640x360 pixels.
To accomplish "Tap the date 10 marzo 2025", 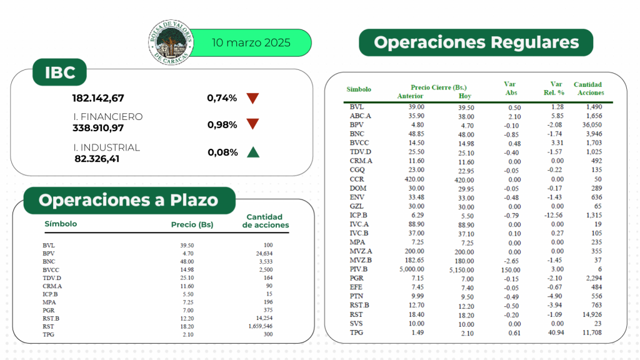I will (251, 43).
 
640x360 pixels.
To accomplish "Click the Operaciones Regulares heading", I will (476, 42).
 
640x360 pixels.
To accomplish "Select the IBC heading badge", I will (60, 73).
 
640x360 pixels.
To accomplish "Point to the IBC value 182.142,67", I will (98, 98).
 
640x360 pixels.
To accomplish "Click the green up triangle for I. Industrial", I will (252, 152).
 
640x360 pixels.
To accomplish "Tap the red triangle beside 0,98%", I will (252, 124).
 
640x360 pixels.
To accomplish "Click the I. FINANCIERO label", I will (107, 117).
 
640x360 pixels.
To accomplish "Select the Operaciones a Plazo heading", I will (128, 200).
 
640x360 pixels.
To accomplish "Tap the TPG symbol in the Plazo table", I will (49, 334).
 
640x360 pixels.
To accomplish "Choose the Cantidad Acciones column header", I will (587, 88).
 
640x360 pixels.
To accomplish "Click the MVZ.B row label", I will (361, 261).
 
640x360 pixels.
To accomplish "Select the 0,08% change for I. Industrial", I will (222, 152).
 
